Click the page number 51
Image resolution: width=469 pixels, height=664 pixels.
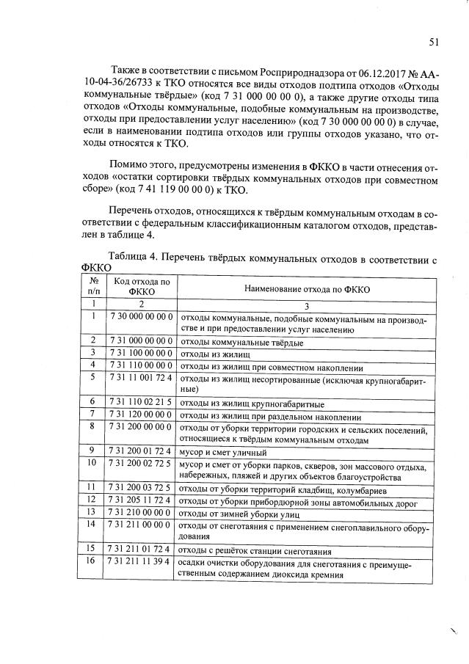[434, 42]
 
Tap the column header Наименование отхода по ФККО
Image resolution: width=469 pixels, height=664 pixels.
[307, 290]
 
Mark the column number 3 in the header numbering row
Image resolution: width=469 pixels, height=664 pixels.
[307, 303]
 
